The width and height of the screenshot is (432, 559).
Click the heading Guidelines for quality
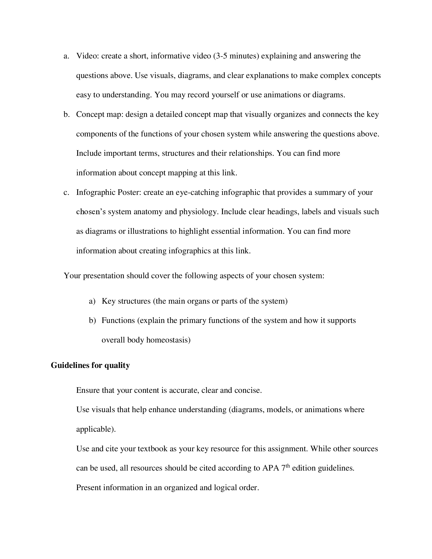90,365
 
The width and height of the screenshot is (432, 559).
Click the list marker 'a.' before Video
66,56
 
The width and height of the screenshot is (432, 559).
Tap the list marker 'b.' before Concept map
67,114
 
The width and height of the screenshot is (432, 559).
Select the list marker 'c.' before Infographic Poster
66,193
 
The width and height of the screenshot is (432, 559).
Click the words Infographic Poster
109,193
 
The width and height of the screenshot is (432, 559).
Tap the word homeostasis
168,340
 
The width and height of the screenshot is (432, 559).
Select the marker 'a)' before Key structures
92,301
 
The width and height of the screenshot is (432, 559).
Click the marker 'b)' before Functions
92,321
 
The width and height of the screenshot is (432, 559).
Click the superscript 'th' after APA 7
288,466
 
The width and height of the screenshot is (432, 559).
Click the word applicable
95,429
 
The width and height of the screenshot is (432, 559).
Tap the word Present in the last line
88,488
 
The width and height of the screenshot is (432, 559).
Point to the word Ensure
88,390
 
